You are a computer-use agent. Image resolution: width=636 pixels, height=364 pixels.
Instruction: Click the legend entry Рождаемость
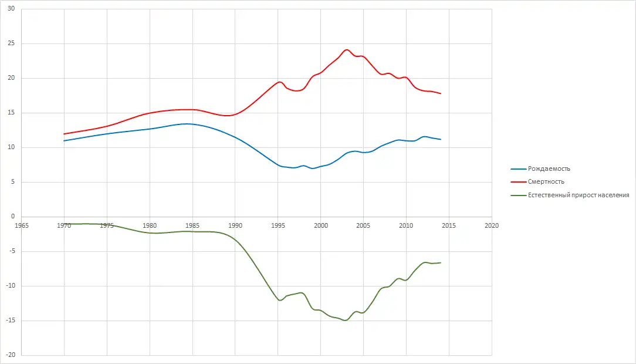549,169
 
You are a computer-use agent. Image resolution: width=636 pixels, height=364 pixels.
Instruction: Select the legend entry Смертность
546,182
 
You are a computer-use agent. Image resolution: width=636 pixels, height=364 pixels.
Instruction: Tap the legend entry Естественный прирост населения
579,195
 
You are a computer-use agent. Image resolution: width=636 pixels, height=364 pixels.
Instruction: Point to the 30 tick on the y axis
11,9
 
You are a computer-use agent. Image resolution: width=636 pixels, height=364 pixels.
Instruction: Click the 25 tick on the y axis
11,44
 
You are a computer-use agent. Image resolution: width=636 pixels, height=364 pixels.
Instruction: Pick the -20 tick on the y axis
10,355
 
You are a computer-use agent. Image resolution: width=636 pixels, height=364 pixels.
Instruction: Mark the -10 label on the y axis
10,286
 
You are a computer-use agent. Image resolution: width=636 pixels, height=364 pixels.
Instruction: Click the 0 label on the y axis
13,217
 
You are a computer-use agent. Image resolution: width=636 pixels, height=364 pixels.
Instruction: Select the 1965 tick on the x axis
22,225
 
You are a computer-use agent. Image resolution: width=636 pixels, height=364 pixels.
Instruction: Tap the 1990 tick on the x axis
235,225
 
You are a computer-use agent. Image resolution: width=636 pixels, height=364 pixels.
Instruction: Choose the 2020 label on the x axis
492,225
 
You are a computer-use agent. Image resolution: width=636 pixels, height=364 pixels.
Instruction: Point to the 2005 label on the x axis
363,225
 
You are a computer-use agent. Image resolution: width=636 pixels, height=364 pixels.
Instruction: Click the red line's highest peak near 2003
347,50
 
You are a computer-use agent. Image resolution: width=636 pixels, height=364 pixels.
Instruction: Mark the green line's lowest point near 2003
345,320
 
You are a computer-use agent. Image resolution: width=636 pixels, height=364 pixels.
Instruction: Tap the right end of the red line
441,94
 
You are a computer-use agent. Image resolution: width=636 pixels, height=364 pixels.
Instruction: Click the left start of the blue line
64,141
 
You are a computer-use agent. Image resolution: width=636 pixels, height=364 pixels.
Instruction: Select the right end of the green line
441,262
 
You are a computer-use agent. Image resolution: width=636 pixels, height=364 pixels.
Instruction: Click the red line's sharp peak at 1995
280,82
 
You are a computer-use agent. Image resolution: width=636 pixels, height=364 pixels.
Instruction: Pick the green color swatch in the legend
519,195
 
